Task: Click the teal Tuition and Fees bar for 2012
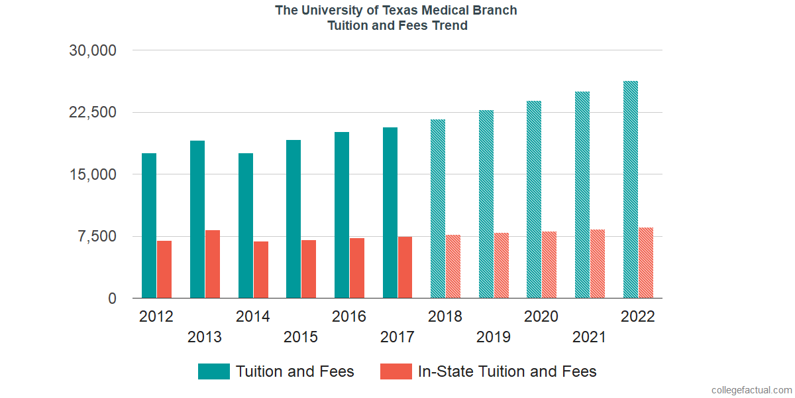149,226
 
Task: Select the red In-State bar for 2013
213,264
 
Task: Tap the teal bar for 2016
342,215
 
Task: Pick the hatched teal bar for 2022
631,190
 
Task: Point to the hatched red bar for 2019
501,265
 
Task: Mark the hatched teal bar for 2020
534,200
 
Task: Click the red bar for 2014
260,269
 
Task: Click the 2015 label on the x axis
301,337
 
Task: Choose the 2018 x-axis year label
445,316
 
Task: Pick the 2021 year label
590,337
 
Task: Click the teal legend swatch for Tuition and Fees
213,371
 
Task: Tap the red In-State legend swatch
396,371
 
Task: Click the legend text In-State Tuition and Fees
507,371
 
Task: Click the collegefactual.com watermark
751,390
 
